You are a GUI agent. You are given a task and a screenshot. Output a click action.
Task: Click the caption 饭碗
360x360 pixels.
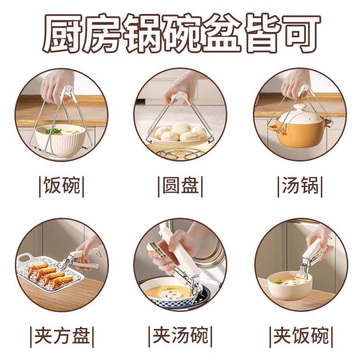(62, 185)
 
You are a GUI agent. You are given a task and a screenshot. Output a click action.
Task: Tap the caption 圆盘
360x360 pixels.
(180, 185)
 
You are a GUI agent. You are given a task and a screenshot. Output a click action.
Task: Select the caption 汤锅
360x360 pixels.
(300, 185)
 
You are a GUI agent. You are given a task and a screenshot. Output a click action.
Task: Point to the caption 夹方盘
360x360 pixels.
(62, 336)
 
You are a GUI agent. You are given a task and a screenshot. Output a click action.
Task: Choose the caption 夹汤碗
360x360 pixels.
(180, 336)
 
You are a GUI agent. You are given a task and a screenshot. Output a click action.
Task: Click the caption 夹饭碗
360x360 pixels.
(301, 336)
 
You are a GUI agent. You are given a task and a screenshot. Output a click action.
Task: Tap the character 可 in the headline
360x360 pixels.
(301, 33)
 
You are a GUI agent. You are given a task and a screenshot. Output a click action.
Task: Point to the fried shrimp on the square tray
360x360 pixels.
(50, 274)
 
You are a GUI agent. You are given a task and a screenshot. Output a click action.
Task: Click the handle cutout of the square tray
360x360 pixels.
(25, 258)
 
